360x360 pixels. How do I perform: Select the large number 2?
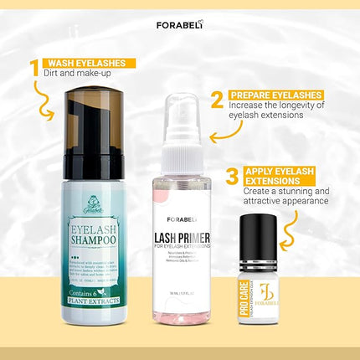[217, 100]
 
